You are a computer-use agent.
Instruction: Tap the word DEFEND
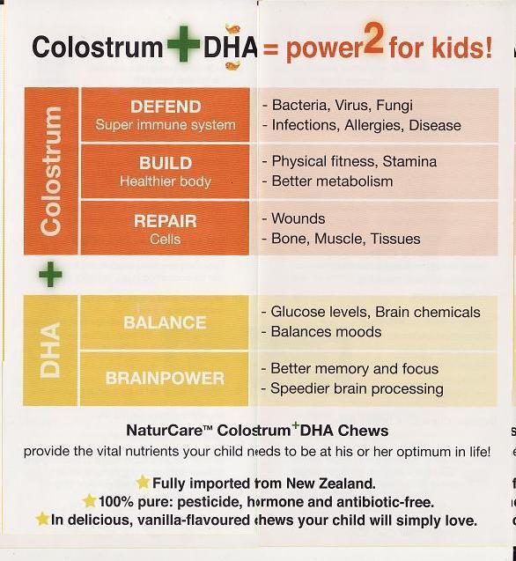(x=166, y=107)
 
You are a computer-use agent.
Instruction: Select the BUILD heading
(x=166, y=163)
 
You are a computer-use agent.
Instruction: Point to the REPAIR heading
(x=166, y=220)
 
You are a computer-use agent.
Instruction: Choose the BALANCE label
(x=166, y=322)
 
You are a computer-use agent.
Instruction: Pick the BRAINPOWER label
(x=166, y=379)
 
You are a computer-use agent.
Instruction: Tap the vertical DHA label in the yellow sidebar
(x=51, y=350)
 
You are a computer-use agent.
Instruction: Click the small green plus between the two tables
(x=50, y=275)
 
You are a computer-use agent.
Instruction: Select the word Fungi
(x=394, y=106)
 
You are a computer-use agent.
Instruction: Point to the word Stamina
(x=408, y=162)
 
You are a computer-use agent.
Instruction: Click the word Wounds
(x=298, y=218)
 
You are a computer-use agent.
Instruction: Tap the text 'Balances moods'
(x=326, y=332)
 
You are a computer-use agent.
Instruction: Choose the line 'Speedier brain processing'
(x=357, y=389)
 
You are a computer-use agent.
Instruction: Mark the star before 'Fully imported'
(x=143, y=483)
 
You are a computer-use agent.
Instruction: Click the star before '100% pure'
(x=89, y=501)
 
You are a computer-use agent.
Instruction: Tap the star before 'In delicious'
(x=42, y=520)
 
